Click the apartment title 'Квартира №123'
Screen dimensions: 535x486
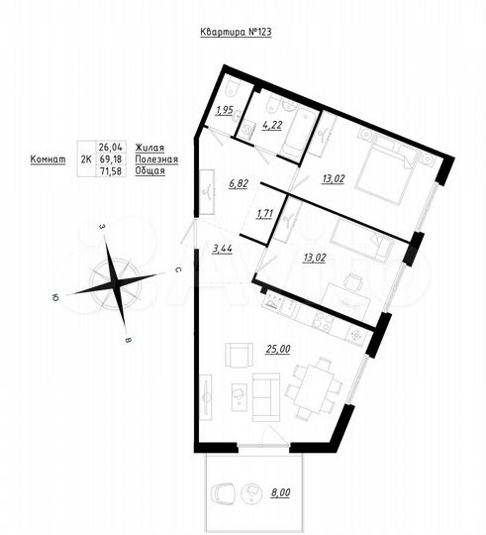(x=236, y=33)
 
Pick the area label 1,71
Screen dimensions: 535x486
(x=265, y=213)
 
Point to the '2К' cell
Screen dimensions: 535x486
(x=85, y=159)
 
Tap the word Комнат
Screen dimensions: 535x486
(x=48, y=159)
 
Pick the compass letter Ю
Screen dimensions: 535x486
(x=57, y=295)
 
